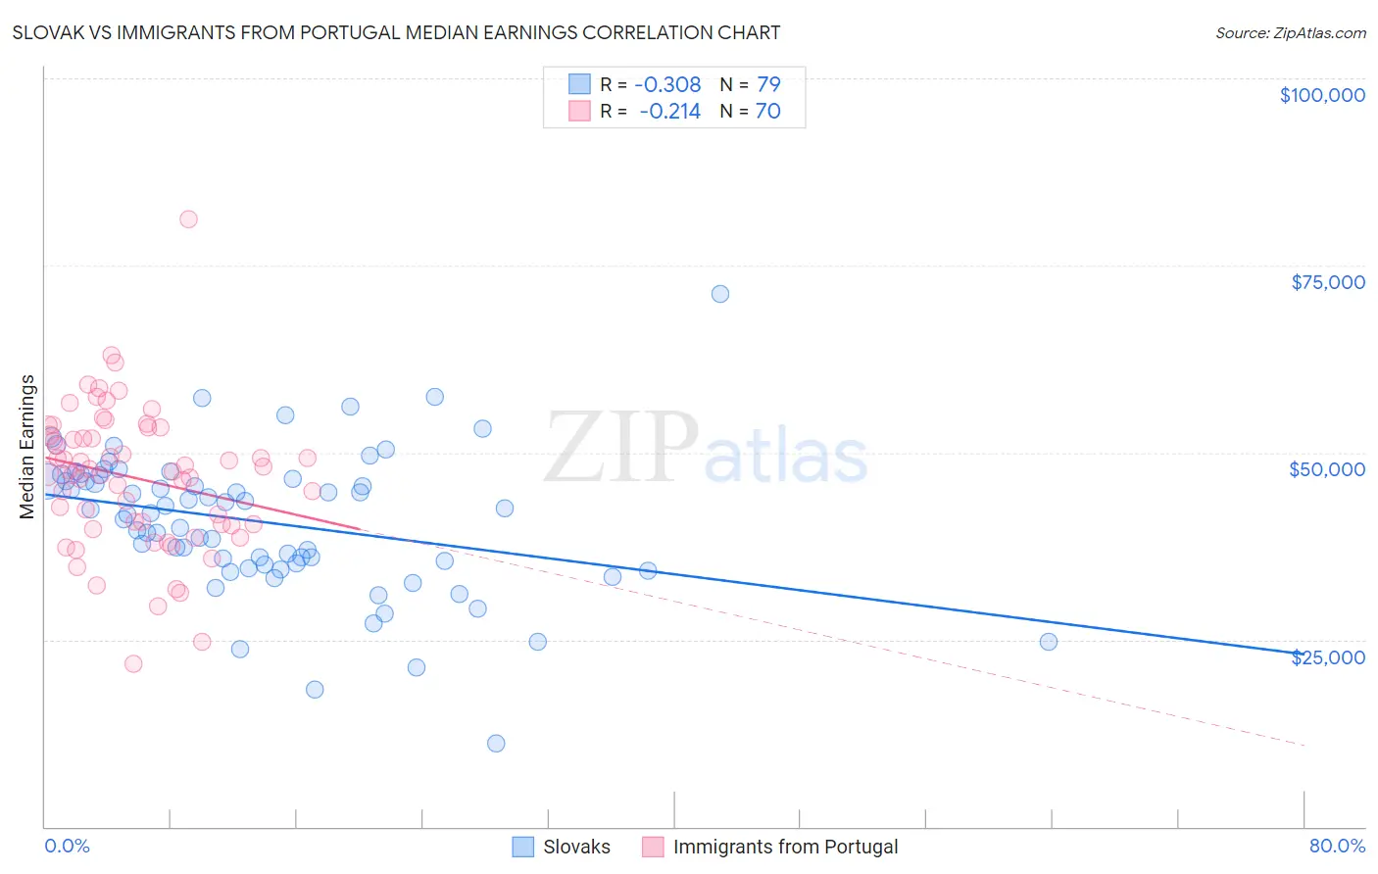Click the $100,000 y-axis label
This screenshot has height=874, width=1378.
coord(1321,95)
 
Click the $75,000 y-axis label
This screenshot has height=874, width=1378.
coord(1327,282)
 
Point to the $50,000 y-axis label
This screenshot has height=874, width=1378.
coord(1326,469)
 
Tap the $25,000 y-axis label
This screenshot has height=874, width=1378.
coord(1327,657)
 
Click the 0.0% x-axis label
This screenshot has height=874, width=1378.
coord(67,846)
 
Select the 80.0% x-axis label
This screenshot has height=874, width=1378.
coord(1336,846)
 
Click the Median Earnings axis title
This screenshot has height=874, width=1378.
coord(27,447)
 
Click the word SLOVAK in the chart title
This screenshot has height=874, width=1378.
coord(49,32)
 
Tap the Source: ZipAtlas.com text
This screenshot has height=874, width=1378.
coord(1290,33)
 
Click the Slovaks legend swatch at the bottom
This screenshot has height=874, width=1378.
coord(523,847)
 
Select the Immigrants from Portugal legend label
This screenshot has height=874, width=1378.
coord(785,847)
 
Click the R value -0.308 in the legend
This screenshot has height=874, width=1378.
coord(669,84)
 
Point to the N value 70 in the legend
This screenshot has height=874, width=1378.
coord(767,112)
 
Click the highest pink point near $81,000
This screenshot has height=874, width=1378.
coord(188,219)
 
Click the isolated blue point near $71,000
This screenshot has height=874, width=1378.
coord(720,294)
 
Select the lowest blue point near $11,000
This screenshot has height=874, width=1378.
coord(496,744)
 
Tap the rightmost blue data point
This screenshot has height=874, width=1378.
coord(1049,642)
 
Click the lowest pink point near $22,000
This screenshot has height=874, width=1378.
coord(133,664)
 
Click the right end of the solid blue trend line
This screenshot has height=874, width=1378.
coord(1304,654)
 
